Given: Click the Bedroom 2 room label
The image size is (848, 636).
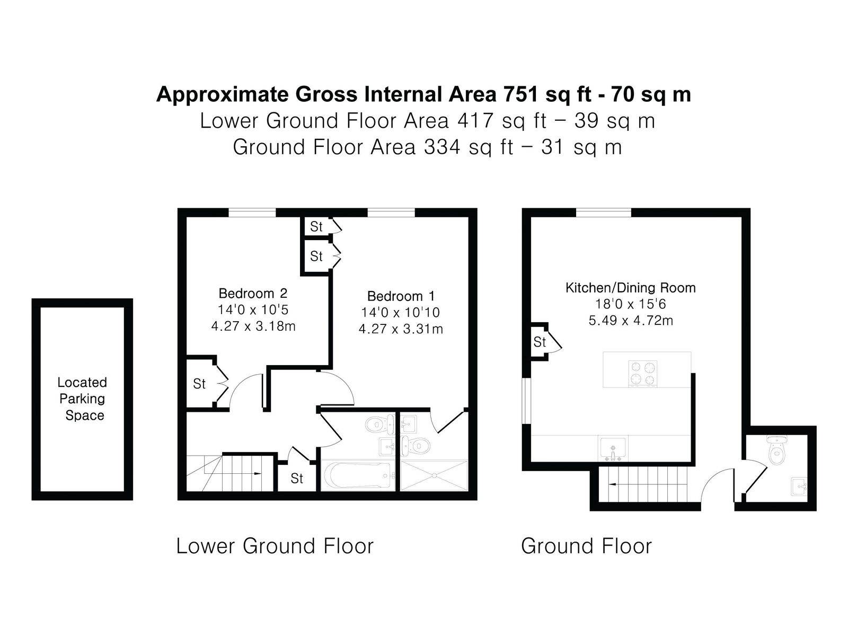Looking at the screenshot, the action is [253, 294].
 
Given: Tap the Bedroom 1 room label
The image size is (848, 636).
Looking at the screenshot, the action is [401, 296].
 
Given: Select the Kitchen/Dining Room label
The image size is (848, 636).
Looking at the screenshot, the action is [630, 288].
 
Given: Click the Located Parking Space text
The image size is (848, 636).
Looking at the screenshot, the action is [82, 399].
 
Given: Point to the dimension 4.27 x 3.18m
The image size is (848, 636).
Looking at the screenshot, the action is [253, 326].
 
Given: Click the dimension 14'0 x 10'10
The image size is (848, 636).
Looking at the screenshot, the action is [400, 312].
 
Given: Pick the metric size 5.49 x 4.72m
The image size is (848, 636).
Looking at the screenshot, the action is [631, 321].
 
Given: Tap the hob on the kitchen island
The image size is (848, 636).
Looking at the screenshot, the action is [642, 374].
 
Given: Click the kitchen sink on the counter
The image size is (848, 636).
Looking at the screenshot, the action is [613, 448].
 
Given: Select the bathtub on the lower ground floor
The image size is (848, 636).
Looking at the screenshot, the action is [358, 475].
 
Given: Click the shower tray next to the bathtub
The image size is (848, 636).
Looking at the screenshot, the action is [434, 475].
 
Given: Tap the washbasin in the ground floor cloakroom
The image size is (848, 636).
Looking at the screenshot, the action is [799, 487].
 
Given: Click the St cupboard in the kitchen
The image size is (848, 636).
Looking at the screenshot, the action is [540, 342].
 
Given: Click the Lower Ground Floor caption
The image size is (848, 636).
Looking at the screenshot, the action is [275, 546].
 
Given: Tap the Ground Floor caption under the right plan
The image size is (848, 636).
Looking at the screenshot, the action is [586, 546].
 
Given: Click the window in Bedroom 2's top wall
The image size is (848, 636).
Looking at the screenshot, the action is [252, 213].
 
